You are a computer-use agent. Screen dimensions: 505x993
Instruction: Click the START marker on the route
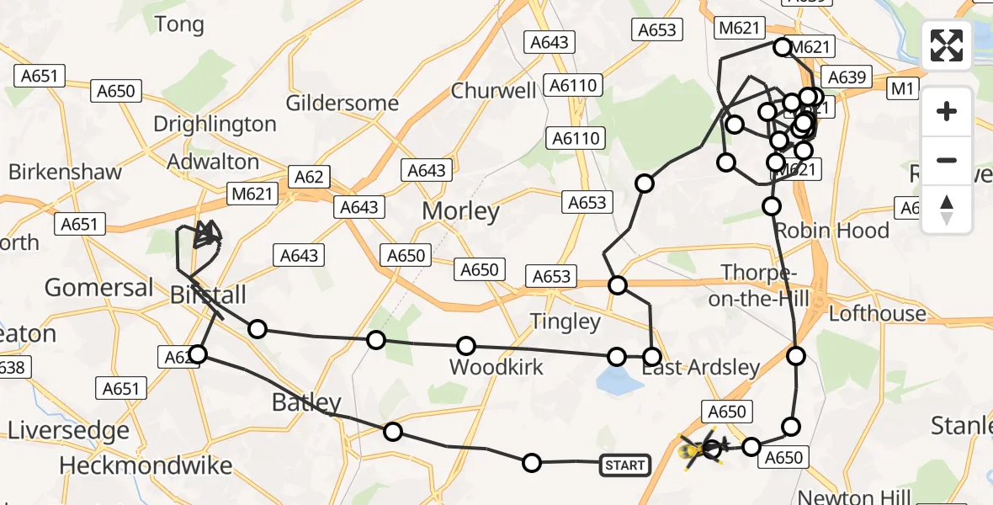[624, 465]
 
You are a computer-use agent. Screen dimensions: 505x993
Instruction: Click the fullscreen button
[947, 45]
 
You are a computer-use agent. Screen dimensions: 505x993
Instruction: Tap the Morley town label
[460, 210]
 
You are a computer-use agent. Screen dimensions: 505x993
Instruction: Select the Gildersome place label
[342, 104]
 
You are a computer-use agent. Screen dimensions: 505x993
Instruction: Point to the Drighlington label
[215, 125]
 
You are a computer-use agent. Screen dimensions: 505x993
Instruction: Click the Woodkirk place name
[496, 367]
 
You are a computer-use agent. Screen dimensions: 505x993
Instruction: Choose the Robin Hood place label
[831, 231]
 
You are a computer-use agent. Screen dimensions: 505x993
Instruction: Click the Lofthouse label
[877, 314]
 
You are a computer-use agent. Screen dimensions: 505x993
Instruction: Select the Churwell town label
[494, 91]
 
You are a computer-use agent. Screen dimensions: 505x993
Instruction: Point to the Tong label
[179, 25]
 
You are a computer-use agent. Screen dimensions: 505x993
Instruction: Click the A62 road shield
[309, 177]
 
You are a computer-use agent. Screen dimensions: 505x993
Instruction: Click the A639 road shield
[847, 77]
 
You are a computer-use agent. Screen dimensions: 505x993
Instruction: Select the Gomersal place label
[98, 288]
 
